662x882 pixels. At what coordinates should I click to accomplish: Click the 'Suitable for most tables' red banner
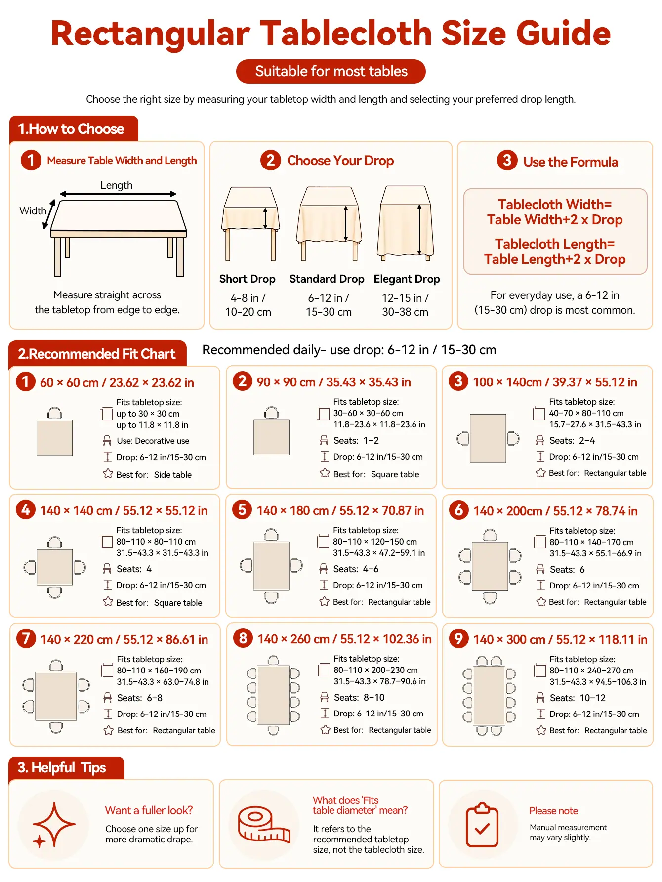[331, 72]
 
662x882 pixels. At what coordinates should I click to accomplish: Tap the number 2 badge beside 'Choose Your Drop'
[270, 160]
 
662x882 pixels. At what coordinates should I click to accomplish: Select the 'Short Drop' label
[247, 279]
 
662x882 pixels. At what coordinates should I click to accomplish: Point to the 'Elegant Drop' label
[407, 279]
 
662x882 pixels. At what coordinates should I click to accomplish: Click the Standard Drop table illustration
[329, 223]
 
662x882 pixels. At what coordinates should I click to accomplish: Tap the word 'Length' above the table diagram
[117, 185]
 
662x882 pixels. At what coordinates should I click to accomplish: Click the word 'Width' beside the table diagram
[33, 211]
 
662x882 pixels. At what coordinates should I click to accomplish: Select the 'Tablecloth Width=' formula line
[555, 204]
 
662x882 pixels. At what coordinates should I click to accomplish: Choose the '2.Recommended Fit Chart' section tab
[97, 354]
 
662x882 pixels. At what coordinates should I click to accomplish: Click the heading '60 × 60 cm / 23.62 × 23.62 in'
[117, 382]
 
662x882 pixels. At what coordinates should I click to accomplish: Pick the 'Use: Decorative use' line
[153, 441]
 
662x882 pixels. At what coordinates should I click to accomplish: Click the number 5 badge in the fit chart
[242, 509]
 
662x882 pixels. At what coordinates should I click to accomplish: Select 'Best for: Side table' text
[154, 475]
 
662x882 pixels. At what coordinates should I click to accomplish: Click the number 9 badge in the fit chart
[458, 638]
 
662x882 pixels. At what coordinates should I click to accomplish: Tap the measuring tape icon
[264, 824]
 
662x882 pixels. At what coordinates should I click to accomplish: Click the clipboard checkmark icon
[482, 825]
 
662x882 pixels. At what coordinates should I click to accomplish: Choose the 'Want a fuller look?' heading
[149, 810]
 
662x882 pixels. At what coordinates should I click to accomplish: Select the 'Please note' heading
[553, 811]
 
